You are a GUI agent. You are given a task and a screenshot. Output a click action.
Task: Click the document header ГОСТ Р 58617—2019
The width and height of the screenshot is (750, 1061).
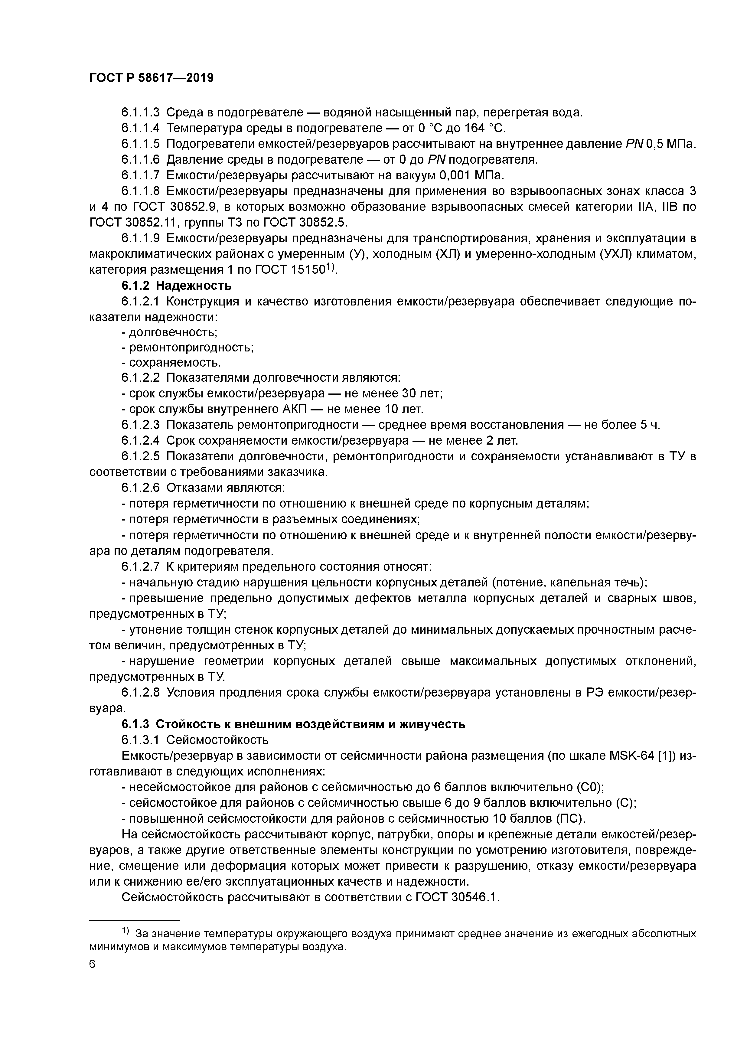[151, 78]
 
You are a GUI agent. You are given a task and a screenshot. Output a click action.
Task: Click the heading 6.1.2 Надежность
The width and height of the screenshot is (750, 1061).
[177, 286]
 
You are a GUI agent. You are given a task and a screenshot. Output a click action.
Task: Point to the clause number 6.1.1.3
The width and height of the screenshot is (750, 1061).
[141, 112]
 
